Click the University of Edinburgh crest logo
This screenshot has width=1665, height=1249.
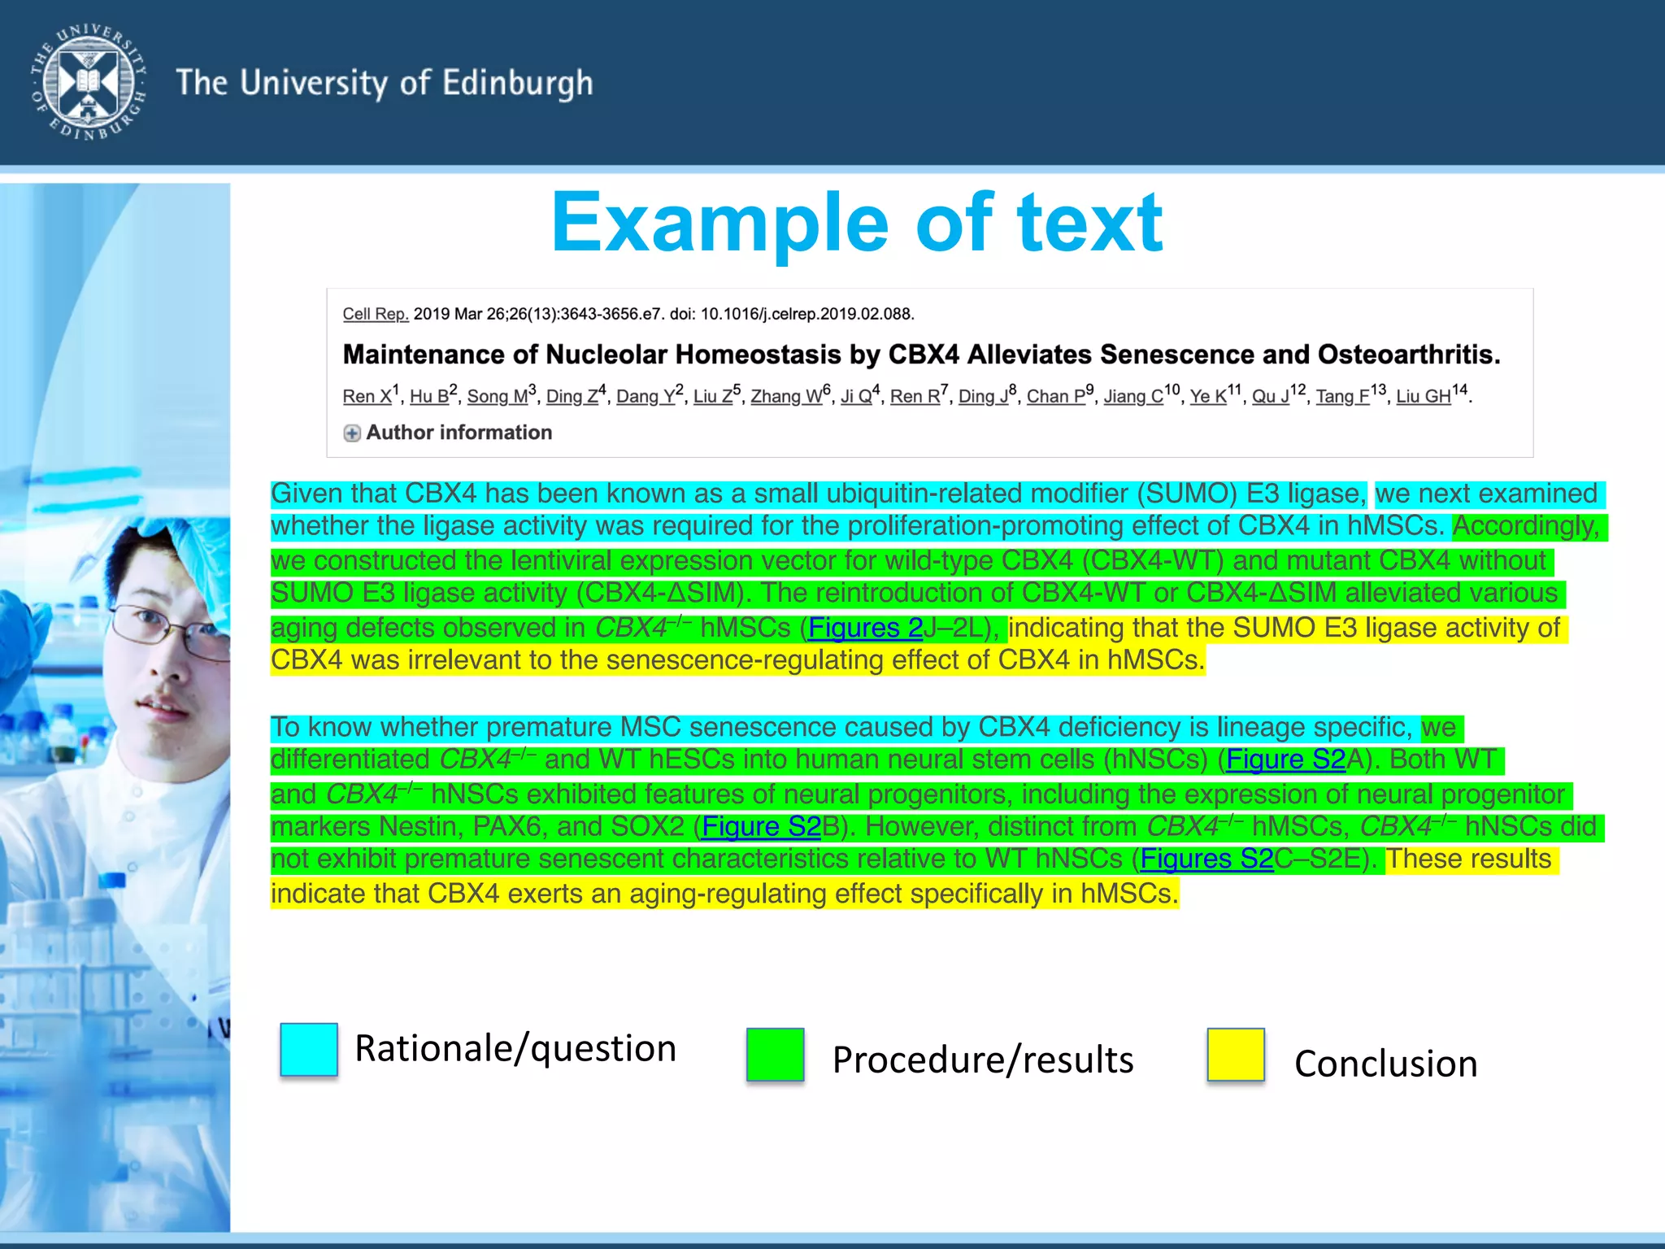[x=89, y=82]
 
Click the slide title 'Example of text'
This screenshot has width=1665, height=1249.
[x=857, y=223]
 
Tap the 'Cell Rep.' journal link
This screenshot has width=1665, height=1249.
[x=375, y=314]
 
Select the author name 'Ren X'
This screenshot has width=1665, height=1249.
[x=367, y=397]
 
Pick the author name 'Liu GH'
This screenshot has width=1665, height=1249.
[x=1423, y=397]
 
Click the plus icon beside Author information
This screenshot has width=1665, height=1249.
[x=352, y=433]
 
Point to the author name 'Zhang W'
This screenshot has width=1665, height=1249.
[x=785, y=397]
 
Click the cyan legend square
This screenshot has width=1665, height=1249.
[x=309, y=1049]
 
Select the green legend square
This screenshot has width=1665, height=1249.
[x=775, y=1055]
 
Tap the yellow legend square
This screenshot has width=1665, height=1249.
[x=1236, y=1055]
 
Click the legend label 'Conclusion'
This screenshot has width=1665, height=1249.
[x=1385, y=1064]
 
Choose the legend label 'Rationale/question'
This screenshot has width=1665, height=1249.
[x=515, y=1048]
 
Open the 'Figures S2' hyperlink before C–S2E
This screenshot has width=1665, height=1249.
[x=1206, y=859]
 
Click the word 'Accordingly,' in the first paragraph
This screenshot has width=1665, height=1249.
[x=1526, y=526]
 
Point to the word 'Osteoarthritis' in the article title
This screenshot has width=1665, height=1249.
[x=1406, y=355]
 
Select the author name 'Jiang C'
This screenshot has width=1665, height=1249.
[x=1133, y=397]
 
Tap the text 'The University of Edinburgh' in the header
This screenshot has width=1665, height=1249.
[x=385, y=84]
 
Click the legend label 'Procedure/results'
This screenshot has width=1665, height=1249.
[x=982, y=1060]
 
